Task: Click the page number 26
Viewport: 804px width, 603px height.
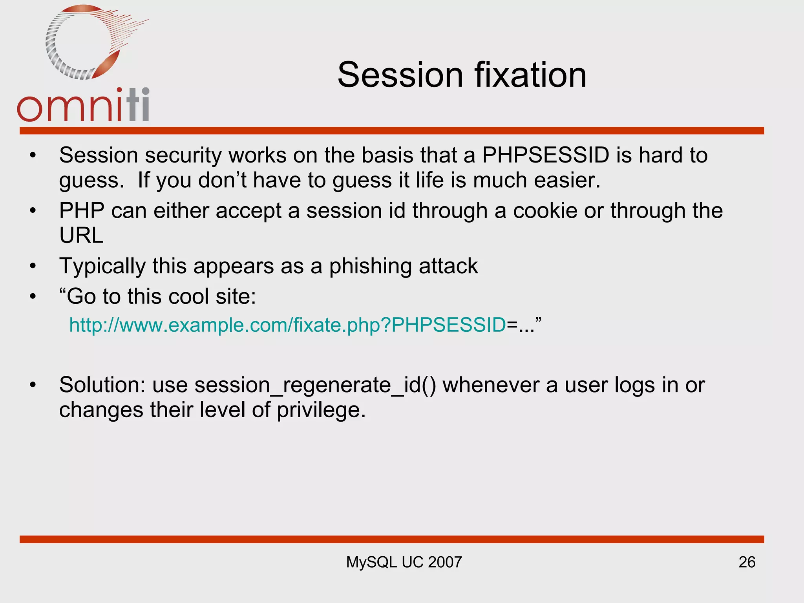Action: pyautogui.click(x=747, y=562)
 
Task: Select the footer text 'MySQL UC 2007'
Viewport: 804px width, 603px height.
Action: pyautogui.click(x=404, y=562)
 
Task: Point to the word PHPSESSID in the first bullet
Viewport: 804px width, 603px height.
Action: pyautogui.click(x=545, y=155)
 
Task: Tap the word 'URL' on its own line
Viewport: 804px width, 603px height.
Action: pyautogui.click(x=81, y=236)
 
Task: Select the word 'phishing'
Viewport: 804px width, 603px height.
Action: pyautogui.click(x=370, y=266)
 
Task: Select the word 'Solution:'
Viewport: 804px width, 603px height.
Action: pyautogui.click(x=102, y=385)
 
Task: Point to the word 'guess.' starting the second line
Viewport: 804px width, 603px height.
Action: pyautogui.click(x=91, y=181)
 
